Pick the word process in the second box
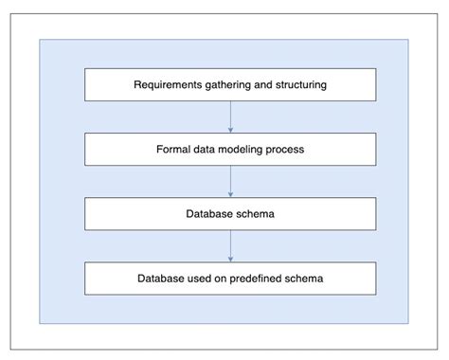pyautogui.click(x=288, y=150)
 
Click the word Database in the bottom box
pyautogui.click(x=162, y=278)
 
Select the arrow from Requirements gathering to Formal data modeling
pyautogui.click(x=230, y=117)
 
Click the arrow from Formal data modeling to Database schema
pyautogui.click(x=230, y=181)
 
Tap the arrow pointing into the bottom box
pyautogui.click(x=230, y=245)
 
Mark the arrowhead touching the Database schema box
pyautogui.click(x=230, y=194)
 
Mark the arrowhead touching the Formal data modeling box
pyautogui.click(x=230, y=130)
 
